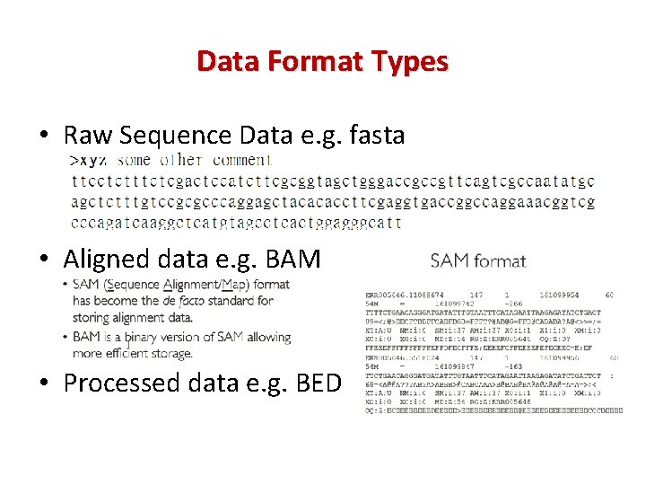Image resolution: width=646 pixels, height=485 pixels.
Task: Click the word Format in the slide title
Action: tap(323, 61)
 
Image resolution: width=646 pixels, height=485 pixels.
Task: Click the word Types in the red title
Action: tap(407, 61)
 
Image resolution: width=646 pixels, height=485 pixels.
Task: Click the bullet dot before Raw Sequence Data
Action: tap(43, 137)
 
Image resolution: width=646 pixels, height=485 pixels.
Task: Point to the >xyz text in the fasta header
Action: tap(90, 160)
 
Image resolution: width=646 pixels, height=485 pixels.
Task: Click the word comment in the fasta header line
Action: tap(241, 160)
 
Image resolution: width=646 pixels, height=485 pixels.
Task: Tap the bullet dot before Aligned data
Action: tap(43, 260)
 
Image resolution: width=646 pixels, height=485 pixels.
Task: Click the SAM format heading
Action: tap(478, 261)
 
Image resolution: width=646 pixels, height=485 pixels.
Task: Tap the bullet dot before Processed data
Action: tap(43, 384)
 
